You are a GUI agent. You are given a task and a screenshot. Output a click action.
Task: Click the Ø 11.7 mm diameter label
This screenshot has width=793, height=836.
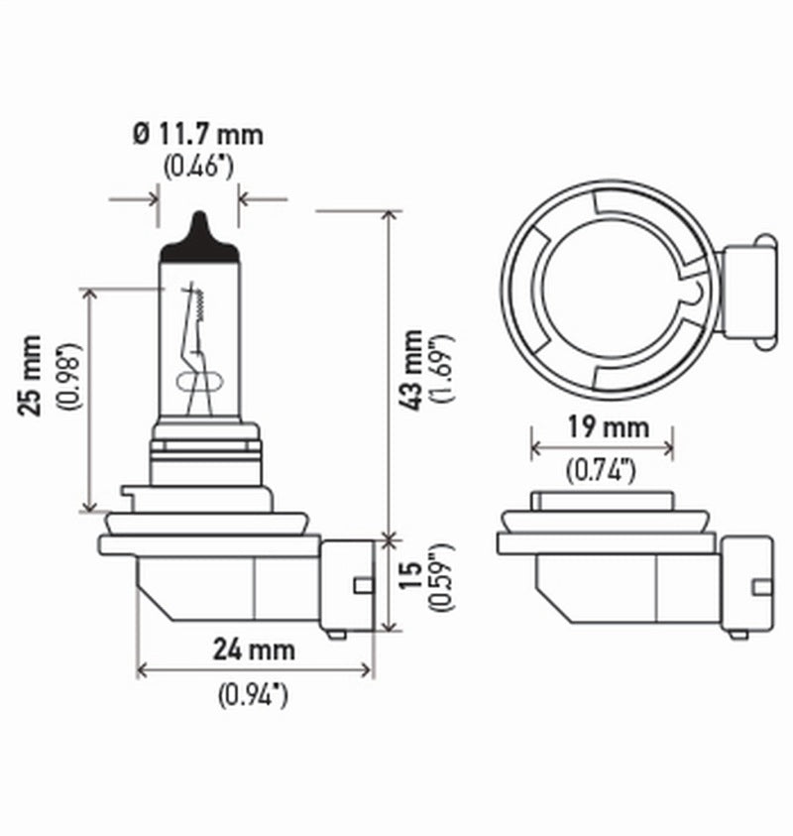point(198,132)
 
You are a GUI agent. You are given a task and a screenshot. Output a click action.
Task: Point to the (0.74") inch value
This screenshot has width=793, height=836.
point(602,471)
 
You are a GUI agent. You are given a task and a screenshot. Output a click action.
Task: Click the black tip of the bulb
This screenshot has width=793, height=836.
point(199,239)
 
